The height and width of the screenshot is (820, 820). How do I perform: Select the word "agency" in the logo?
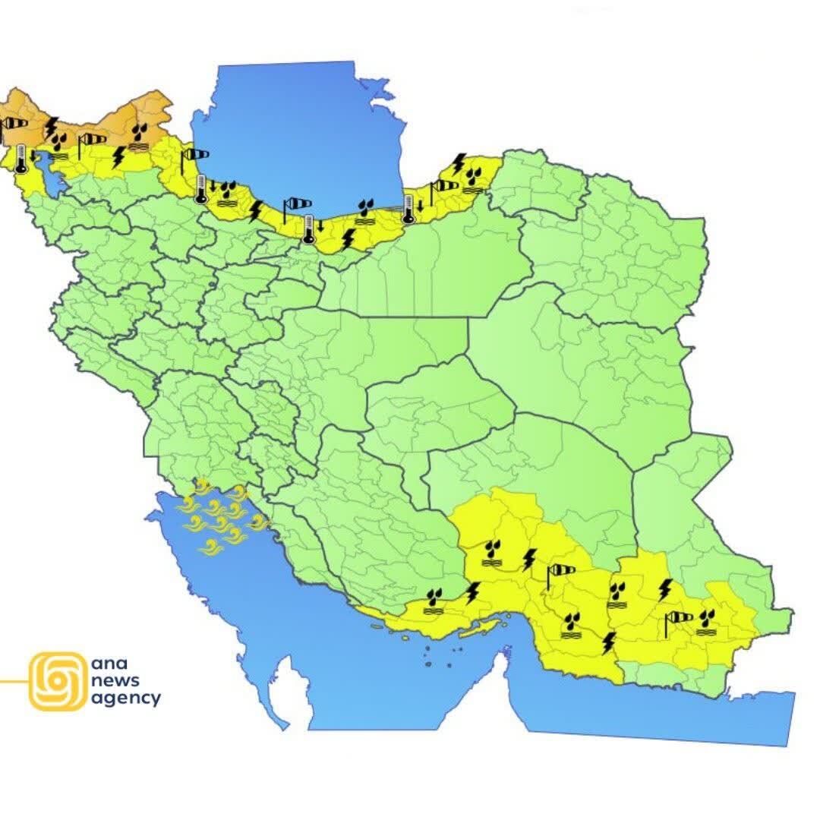point(125,699)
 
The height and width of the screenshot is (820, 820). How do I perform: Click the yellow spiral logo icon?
point(58,681)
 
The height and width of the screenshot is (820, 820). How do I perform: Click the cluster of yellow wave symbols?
point(220,516)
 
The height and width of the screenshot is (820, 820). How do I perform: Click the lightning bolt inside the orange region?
point(51,127)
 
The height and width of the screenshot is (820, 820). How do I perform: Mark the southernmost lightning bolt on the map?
point(607,643)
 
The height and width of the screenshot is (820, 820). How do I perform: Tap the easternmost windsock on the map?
point(678,619)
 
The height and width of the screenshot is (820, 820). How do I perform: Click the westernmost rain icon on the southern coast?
point(434,600)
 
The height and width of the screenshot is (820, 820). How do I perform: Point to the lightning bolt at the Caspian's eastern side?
point(459,162)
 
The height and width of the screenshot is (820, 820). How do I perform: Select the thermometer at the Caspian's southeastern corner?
point(408,209)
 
